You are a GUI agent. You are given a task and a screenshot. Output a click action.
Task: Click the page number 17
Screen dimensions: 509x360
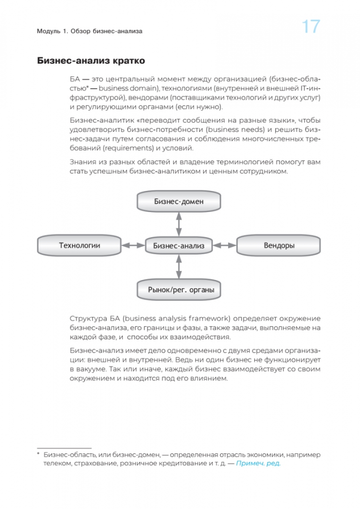[311, 27]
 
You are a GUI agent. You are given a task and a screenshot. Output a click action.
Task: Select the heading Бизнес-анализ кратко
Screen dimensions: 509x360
[91, 61]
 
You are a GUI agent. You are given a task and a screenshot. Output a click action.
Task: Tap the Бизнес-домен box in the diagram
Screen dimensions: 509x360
[179, 202]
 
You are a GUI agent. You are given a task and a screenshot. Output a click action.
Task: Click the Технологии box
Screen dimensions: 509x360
[79, 245]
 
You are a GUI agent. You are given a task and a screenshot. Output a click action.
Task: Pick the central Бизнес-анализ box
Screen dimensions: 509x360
[179, 246]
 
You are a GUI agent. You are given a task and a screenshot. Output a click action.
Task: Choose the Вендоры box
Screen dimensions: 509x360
[279, 246]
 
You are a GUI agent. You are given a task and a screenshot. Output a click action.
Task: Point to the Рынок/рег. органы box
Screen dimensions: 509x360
[179, 290]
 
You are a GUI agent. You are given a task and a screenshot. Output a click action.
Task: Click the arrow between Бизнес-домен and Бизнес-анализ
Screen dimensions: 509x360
[179, 223]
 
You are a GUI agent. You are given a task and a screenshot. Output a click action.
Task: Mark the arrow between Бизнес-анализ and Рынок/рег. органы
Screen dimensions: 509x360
[179, 267]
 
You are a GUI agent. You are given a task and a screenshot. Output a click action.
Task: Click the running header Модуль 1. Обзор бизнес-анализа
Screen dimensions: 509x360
[89, 32]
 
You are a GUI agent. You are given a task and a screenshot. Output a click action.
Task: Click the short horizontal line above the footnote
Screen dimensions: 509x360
[64, 448]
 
